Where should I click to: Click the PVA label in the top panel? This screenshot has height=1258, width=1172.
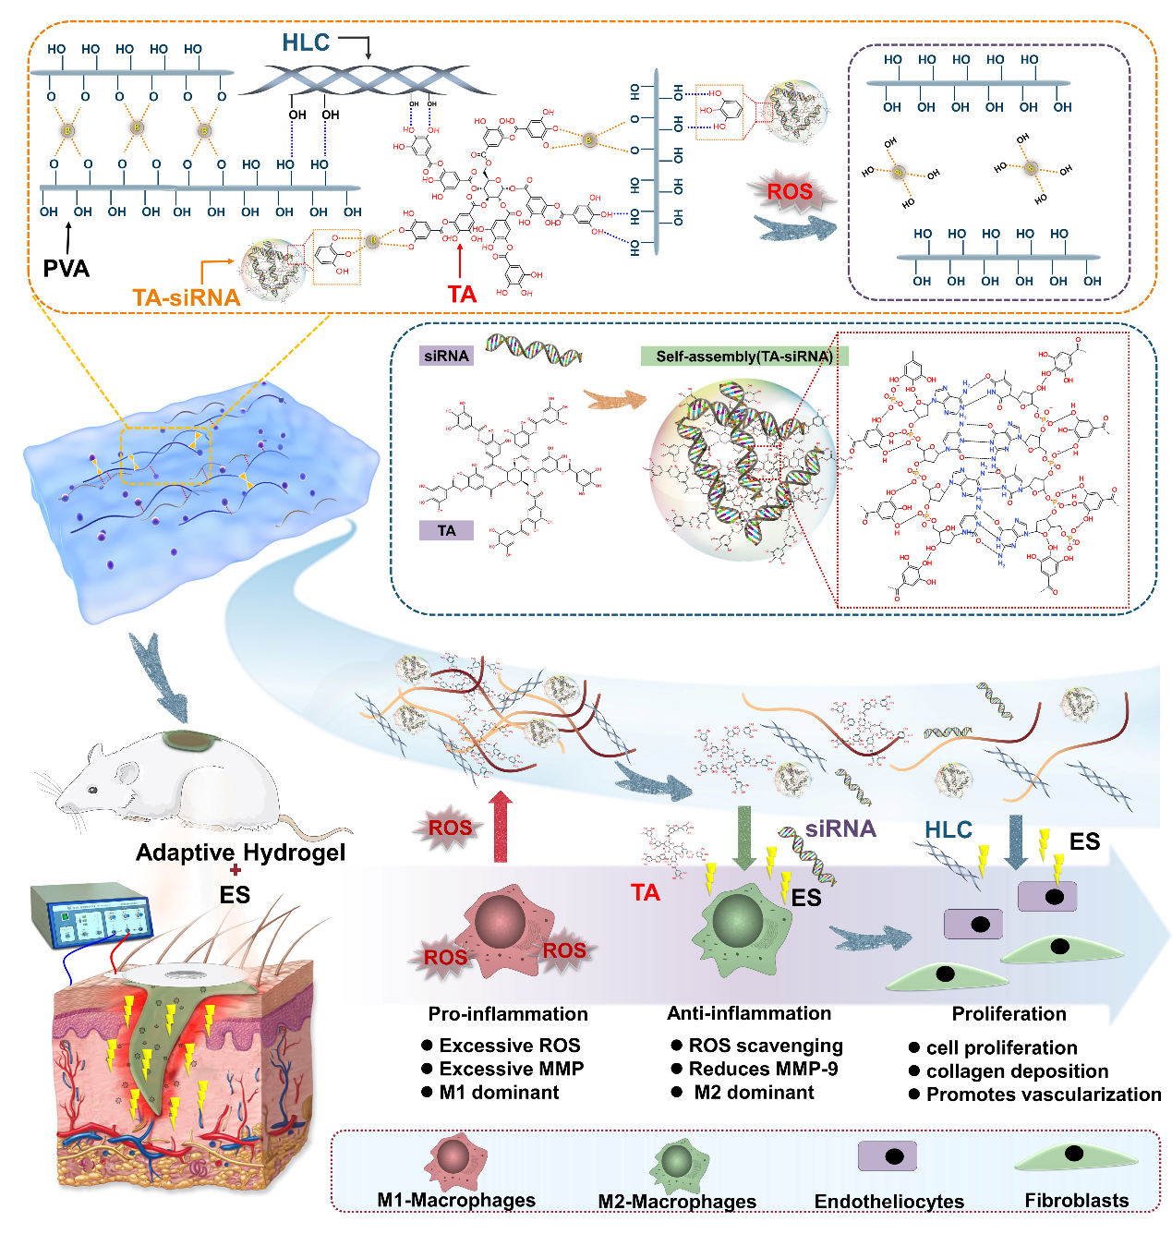(66, 269)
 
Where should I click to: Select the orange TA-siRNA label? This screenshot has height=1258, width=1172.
(186, 297)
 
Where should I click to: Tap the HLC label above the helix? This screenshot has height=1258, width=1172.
(306, 42)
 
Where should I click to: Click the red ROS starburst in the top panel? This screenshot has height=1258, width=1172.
(790, 192)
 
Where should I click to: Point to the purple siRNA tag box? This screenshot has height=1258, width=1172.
(446, 356)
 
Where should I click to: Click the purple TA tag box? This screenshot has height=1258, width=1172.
(446, 530)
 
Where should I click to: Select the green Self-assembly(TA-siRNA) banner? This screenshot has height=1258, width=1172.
(744, 357)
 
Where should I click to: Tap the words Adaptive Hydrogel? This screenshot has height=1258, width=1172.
(240, 853)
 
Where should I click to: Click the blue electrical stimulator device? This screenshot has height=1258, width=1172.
(90, 913)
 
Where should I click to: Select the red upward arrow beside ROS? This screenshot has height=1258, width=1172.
(500, 826)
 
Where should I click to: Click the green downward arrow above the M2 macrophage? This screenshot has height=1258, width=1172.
(743, 837)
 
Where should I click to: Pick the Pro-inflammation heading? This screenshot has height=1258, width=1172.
(508, 1014)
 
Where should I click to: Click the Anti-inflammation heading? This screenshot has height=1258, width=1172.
(749, 1013)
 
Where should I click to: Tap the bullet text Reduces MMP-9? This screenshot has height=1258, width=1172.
(763, 1069)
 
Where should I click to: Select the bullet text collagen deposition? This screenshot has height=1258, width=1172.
(1017, 1071)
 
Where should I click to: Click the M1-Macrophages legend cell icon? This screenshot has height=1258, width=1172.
(455, 1158)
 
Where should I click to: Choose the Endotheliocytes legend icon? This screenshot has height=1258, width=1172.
(888, 1156)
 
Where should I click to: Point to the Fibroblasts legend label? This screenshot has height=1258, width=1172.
(1077, 1201)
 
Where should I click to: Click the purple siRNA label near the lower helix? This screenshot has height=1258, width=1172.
(840, 829)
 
